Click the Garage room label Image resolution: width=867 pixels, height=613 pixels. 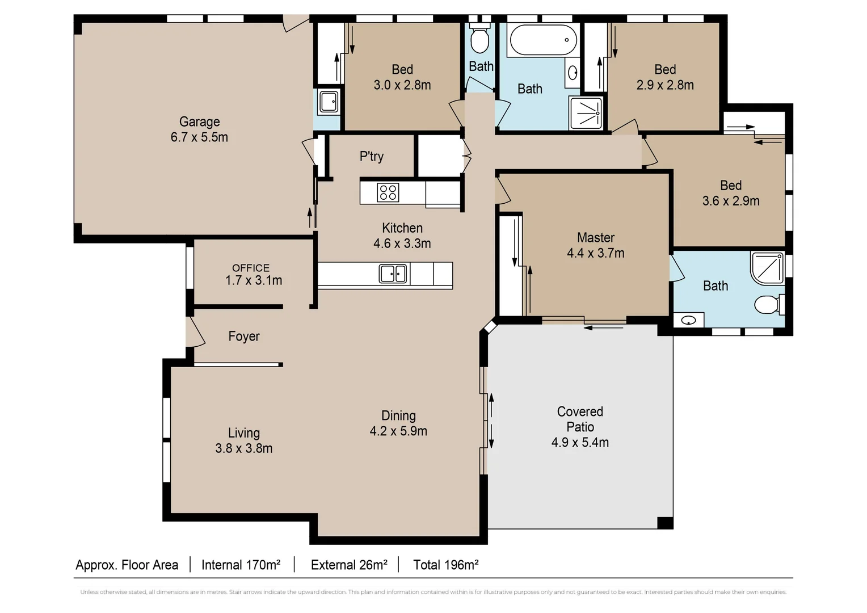pos(199,122)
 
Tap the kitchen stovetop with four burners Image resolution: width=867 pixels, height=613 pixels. pos(388,192)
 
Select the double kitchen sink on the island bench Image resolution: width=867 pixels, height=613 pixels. pos(393,274)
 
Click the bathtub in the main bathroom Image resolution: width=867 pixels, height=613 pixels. pos(543,40)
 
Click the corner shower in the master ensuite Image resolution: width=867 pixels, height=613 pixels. pos(767,267)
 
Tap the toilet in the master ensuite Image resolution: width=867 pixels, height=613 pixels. pos(768,305)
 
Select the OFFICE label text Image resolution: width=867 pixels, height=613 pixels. pos(251,268)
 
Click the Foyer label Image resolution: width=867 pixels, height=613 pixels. pos(244,337)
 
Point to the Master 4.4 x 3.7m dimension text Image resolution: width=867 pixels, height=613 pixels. pos(596,253)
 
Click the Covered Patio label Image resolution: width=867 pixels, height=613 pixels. pos(580,419)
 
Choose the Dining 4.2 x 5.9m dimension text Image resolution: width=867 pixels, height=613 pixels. pos(398,431)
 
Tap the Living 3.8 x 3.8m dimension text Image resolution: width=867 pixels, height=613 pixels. pos(244,448)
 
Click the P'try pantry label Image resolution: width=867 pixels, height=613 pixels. pos(372,157)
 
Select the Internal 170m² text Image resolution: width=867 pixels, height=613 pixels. pos(241,565)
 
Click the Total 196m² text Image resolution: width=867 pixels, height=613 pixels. pos(445,565)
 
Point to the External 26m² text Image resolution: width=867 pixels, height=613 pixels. pos(349,565)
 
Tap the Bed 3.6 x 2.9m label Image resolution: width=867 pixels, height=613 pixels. pos(731,194)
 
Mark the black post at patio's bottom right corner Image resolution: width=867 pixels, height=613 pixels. pos(665,523)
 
